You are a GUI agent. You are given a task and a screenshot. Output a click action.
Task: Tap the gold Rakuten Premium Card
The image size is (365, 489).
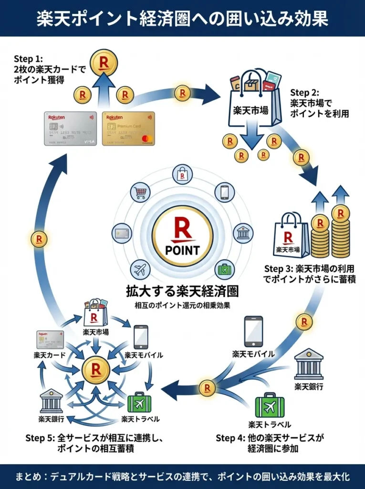coord(128,128)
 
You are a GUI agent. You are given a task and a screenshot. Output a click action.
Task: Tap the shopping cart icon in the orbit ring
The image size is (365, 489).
coord(141,192)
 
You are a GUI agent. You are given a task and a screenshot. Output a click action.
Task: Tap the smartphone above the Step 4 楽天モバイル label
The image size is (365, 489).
coord(253,331)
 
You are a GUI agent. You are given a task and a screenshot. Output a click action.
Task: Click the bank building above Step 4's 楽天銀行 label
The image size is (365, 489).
coord(308,364)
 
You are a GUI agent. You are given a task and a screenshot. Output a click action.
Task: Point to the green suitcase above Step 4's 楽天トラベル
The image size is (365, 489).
coord(270,405)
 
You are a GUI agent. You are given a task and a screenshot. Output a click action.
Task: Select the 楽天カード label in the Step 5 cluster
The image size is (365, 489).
coord(49,356)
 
